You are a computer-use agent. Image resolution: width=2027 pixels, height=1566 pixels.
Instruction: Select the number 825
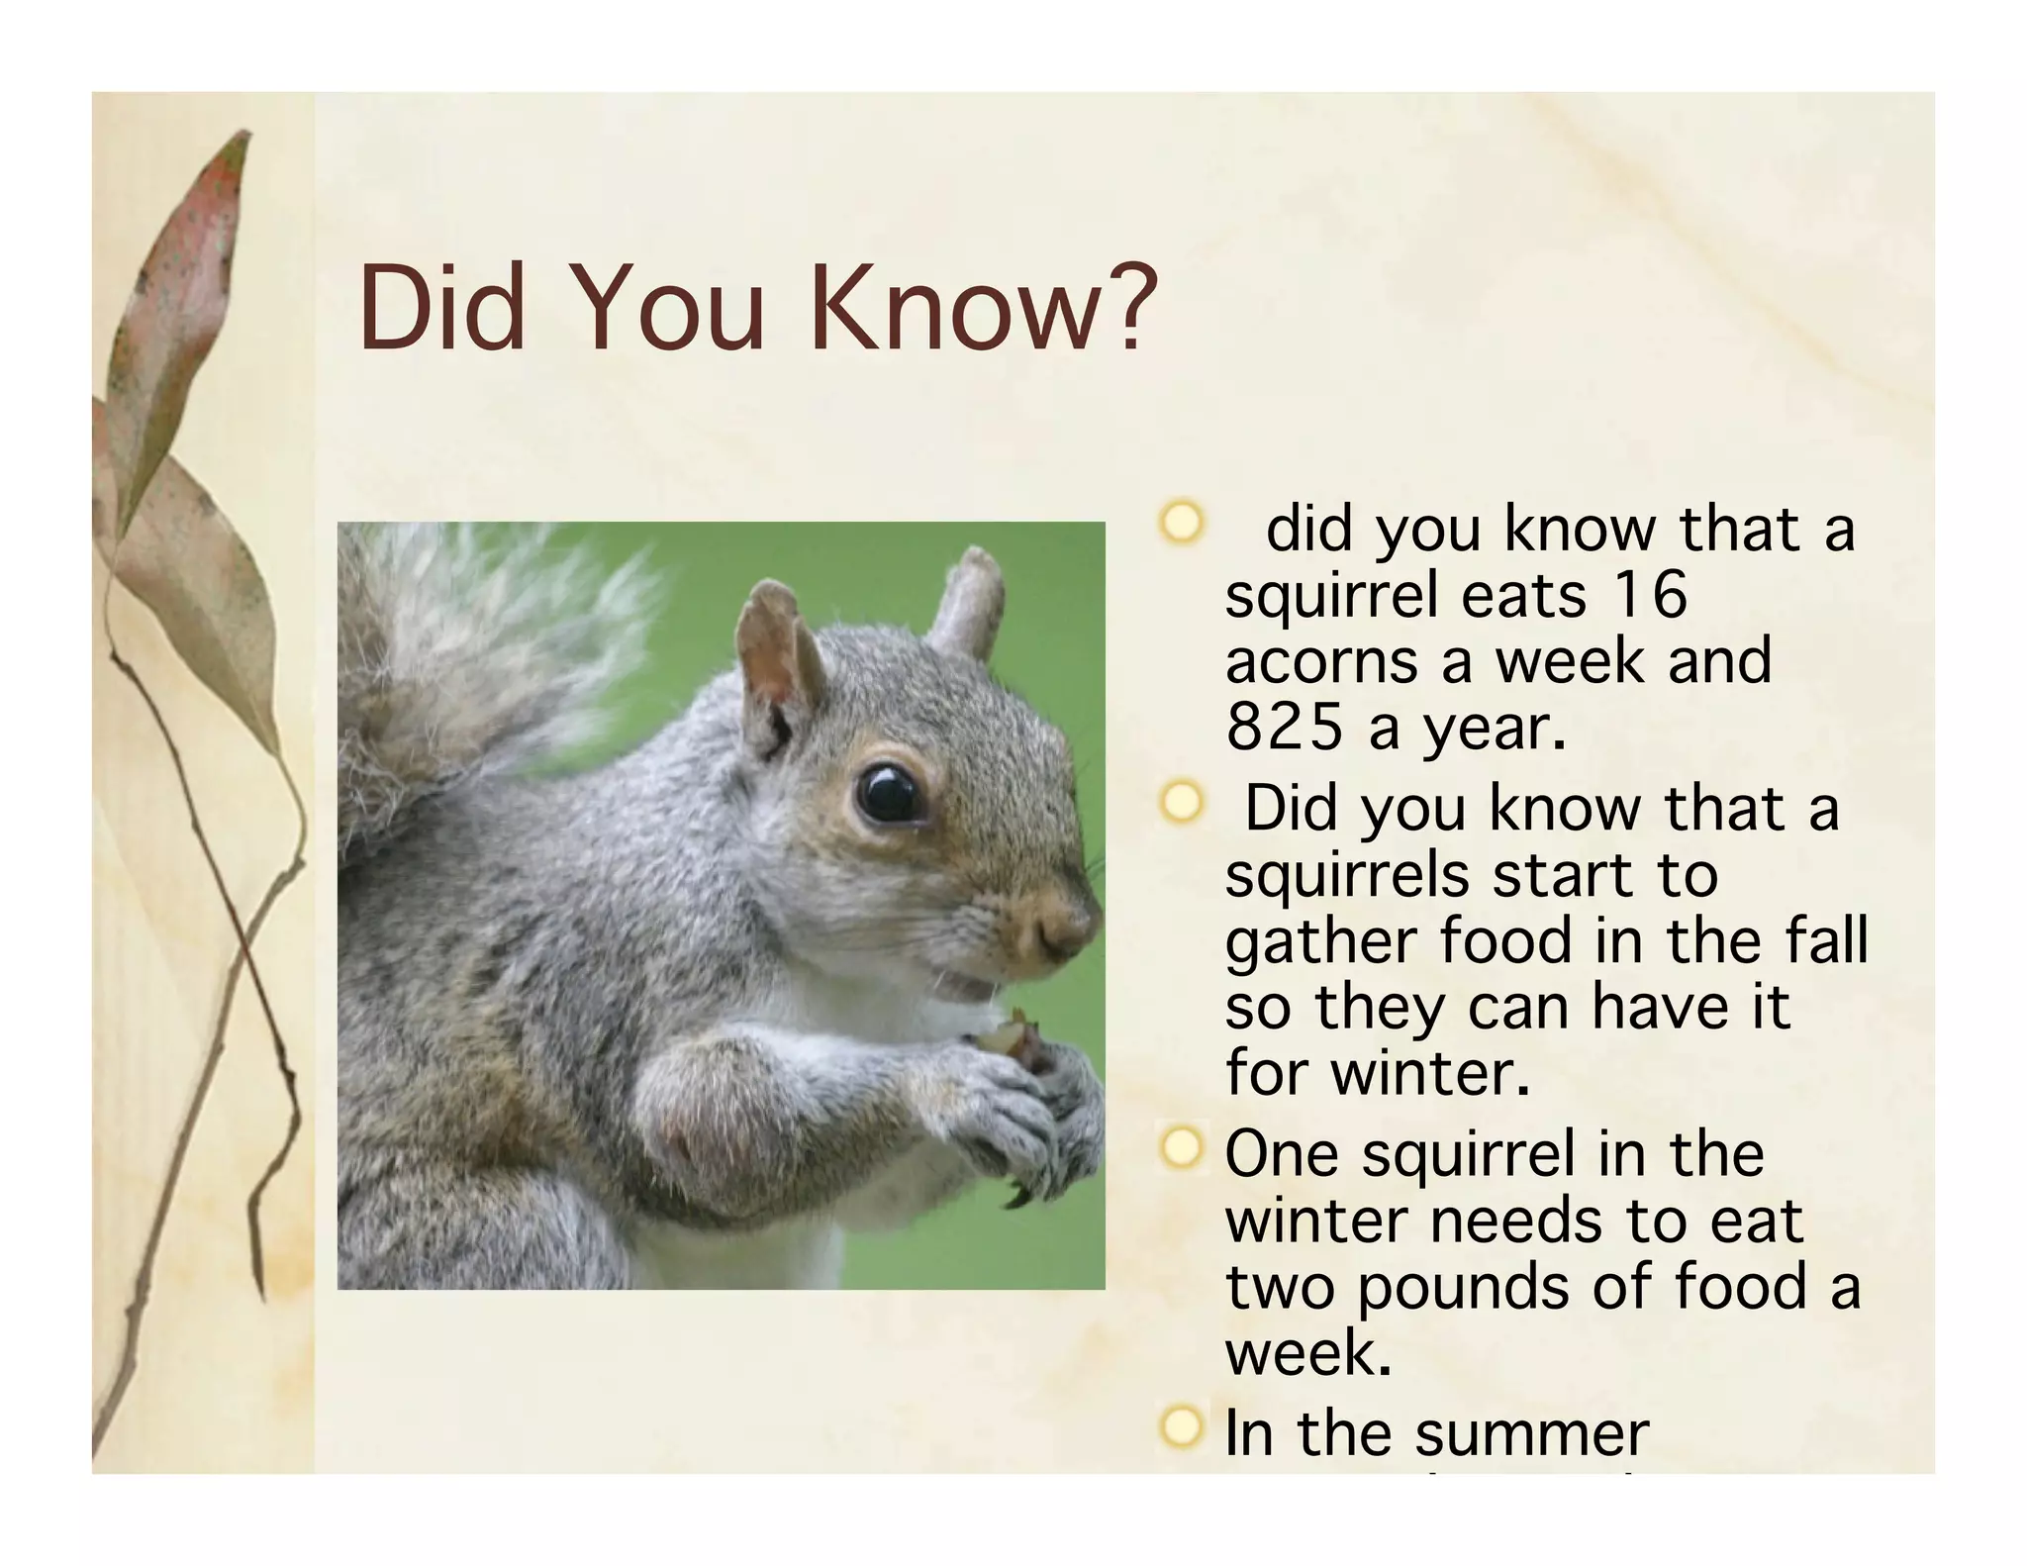[1284, 728]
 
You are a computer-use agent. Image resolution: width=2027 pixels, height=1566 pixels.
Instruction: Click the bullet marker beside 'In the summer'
[1181, 1427]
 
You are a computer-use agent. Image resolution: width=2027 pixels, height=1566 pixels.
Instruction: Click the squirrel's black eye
[887, 793]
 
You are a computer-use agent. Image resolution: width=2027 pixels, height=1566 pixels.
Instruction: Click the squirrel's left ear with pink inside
[776, 648]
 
